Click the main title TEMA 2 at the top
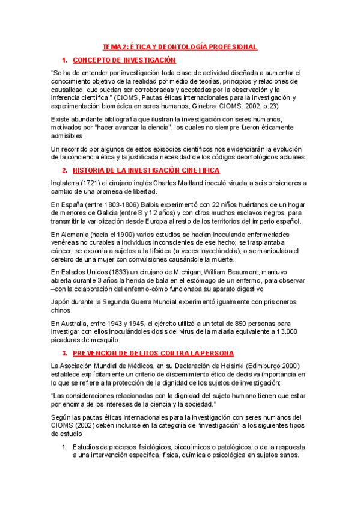point(180,46)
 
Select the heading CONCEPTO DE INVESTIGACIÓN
point(124,60)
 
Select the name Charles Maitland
point(195,183)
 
